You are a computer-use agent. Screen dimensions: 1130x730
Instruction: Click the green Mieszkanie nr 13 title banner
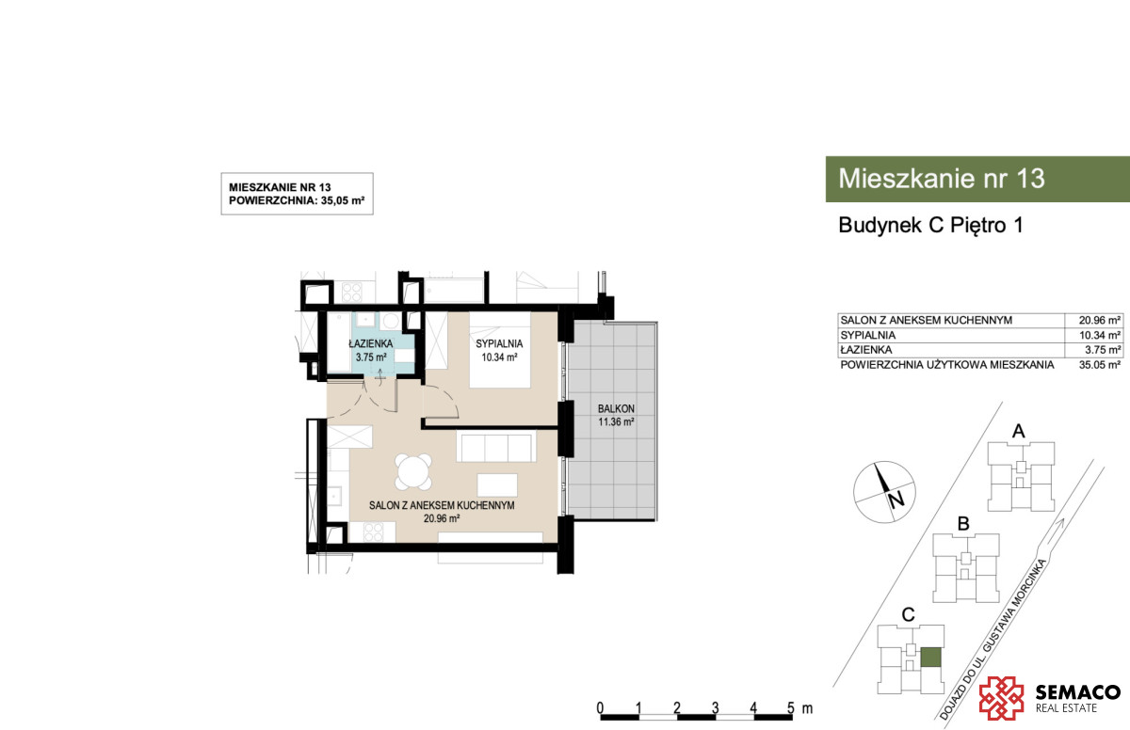pos(977,179)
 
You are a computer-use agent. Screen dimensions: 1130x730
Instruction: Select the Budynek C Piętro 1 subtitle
pos(930,225)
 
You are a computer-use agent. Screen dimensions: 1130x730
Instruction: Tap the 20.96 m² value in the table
pos(1100,320)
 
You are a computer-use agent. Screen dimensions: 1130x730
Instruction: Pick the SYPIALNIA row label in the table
pos(867,335)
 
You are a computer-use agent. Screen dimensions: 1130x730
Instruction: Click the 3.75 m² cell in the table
pos(1104,350)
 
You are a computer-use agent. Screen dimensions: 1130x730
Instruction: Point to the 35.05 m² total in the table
pos(1100,365)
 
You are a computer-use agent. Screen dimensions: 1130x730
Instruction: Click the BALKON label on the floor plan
pos(616,408)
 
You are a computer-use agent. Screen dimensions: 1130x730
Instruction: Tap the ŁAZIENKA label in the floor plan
pos(370,343)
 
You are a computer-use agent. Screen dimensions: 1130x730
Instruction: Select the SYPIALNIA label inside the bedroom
pos(499,343)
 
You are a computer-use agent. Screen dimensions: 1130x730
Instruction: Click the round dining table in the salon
pos(413,472)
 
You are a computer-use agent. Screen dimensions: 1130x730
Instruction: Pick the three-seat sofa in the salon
pos(496,446)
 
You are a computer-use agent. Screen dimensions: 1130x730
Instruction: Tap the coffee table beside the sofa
pos(497,484)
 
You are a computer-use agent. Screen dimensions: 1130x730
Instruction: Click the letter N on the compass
pos(896,500)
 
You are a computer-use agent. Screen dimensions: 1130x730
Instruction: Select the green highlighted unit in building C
pos(930,658)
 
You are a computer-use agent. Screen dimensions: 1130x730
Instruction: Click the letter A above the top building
pos(1019,431)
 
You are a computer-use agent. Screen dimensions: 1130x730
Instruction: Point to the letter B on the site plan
pos(963,524)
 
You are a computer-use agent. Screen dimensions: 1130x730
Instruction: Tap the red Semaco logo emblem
pos(1001,698)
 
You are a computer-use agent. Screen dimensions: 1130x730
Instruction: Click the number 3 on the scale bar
pos(715,707)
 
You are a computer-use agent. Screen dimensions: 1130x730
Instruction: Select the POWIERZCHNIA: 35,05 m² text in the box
pos(297,200)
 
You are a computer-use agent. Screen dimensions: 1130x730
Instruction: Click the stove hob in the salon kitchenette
pos(373,532)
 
